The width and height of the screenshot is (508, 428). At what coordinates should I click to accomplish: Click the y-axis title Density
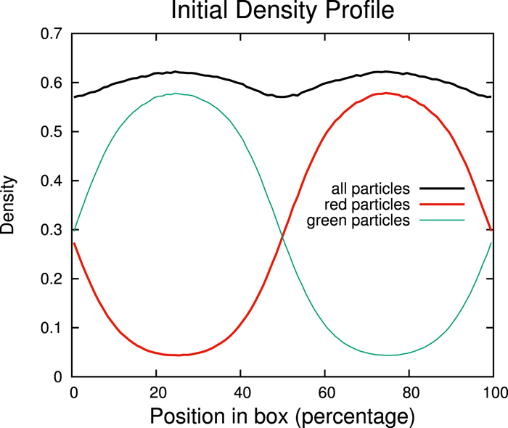9,205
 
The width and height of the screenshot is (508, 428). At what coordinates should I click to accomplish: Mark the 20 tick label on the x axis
156,392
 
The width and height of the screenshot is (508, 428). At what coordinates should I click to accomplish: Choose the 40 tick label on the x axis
240,392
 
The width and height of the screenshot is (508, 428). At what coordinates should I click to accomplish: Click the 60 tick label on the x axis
324,392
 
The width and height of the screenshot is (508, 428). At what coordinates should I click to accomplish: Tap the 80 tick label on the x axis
409,392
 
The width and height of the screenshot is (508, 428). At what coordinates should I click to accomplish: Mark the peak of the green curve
176,93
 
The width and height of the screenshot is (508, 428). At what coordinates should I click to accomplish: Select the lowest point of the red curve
176,355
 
